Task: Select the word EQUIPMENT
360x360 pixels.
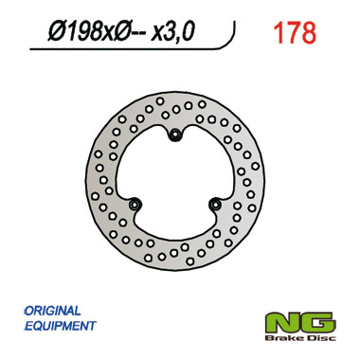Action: point(57,326)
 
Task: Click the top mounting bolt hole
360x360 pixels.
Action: point(175,138)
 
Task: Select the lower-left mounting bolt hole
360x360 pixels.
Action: point(135,204)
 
